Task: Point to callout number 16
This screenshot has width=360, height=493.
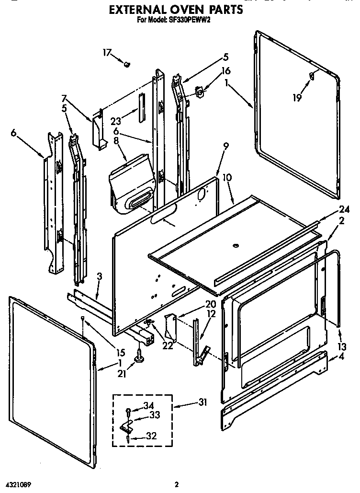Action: (x=225, y=71)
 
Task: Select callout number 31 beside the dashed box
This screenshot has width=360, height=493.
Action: (x=203, y=402)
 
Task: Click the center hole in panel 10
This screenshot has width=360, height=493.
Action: (x=235, y=245)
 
